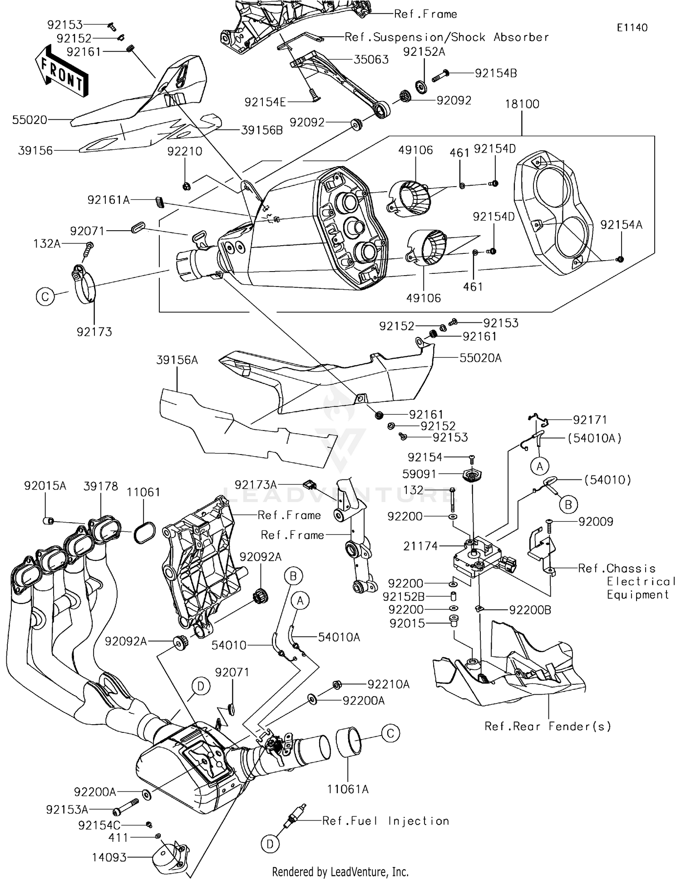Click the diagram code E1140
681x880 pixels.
(x=632, y=27)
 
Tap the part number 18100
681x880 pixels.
(x=522, y=104)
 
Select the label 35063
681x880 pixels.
(x=371, y=59)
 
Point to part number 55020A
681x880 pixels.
(x=480, y=358)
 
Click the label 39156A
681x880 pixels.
(x=177, y=360)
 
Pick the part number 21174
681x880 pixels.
(x=421, y=546)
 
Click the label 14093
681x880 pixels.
(x=109, y=857)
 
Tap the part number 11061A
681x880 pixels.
(x=348, y=789)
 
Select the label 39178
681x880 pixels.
(x=101, y=486)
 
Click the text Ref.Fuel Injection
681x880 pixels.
(x=386, y=821)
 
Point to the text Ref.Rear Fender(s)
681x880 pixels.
(x=548, y=726)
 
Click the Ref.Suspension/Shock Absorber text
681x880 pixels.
(x=447, y=37)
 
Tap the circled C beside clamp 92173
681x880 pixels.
(x=45, y=297)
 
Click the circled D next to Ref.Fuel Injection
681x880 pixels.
(x=270, y=844)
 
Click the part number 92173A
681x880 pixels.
(x=256, y=484)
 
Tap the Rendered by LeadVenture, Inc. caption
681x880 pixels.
(x=340, y=871)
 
